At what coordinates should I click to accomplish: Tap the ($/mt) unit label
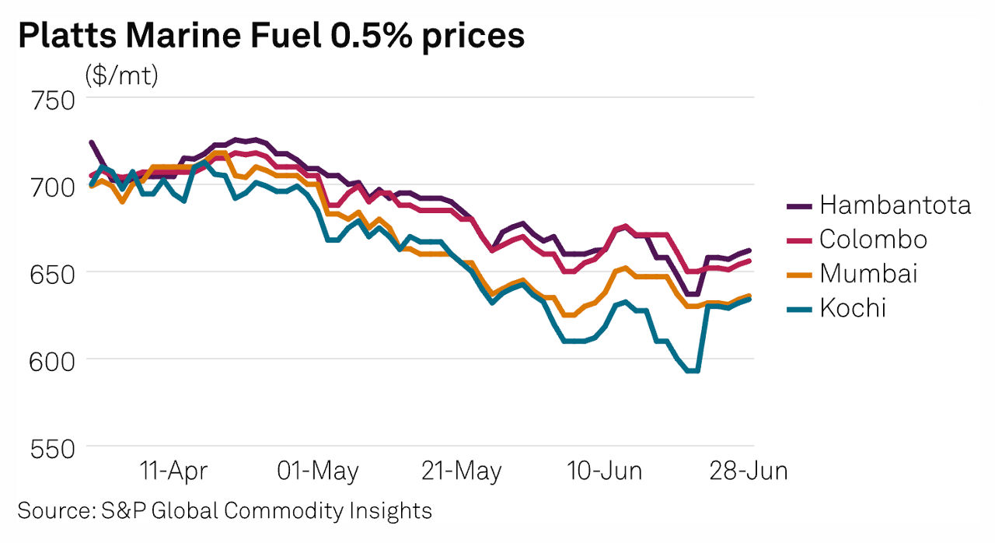[x=121, y=76]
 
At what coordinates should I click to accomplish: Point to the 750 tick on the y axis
[x=51, y=100]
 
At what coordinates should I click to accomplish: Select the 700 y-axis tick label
[x=51, y=187]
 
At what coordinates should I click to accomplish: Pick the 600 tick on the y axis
[x=51, y=361]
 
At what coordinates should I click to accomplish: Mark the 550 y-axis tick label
[x=51, y=448]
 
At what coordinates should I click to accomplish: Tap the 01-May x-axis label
[x=318, y=471]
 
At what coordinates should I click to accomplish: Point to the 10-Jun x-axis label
[x=604, y=471]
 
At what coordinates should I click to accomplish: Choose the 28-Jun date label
[x=749, y=471]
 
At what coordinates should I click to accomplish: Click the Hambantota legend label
[x=895, y=205]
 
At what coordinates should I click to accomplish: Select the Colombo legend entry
[x=873, y=239]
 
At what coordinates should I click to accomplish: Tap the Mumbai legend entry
[x=868, y=273]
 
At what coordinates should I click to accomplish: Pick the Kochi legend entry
[x=852, y=307]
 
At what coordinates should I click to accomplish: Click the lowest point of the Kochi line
[x=693, y=371]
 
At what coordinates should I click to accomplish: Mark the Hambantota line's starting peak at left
[x=92, y=142]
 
